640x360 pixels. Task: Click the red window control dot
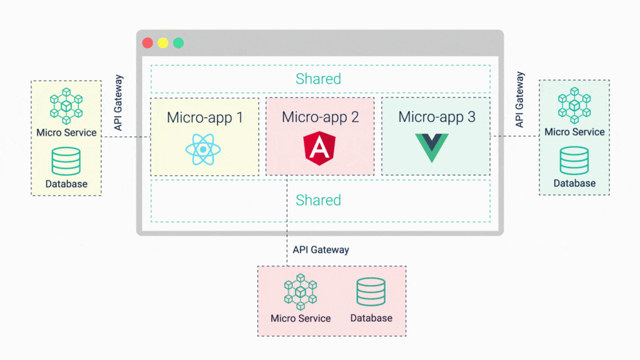(x=147, y=43)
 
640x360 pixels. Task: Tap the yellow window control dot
(x=163, y=43)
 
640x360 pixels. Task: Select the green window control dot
(x=179, y=43)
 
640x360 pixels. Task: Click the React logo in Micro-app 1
(x=204, y=149)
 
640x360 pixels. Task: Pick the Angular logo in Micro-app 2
(x=319, y=149)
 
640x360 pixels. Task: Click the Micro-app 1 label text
(x=204, y=117)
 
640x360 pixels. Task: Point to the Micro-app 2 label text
(x=320, y=117)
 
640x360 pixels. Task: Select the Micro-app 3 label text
(x=436, y=117)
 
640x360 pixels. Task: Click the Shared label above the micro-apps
(x=319, y=79)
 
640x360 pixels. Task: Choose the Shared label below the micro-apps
(x=319, y=200)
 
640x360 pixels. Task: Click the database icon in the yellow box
(x=66, y=161)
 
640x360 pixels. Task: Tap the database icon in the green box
(x=574, y=161)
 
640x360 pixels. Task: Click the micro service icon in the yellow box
(x=66, y=106)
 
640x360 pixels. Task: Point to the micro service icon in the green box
(x=574, y=106)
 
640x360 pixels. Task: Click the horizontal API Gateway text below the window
(x=321, y=249)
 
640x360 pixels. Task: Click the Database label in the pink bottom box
(x=371, y=318)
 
